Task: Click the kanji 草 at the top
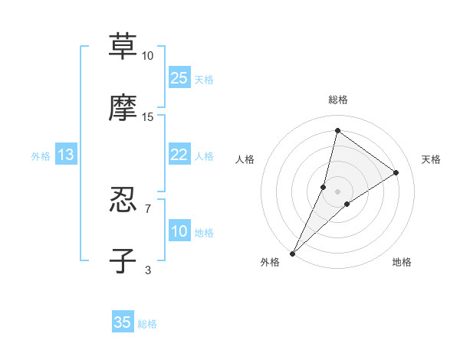coord(123,47)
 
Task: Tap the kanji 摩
coord(123,108)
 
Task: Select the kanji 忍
coord(123,201)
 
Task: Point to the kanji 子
coord(123,260)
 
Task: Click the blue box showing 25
coord(179,77)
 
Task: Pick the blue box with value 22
coord(179,155)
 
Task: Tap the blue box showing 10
coord(179,231)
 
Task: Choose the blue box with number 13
coord(66,155)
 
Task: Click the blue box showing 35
coord(123,322)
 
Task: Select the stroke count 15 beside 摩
coord(148,116)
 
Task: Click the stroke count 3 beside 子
coord(148,270)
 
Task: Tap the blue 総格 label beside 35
coord(148,324)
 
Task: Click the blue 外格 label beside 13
coord(41,156)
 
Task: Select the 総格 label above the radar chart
coord(337,100)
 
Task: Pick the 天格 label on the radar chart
coord(431,159)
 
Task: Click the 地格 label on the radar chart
coord(402,263)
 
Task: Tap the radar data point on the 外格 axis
coord(292,254)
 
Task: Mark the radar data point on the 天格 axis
coord(396,172)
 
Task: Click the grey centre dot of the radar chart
coord(337,191)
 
